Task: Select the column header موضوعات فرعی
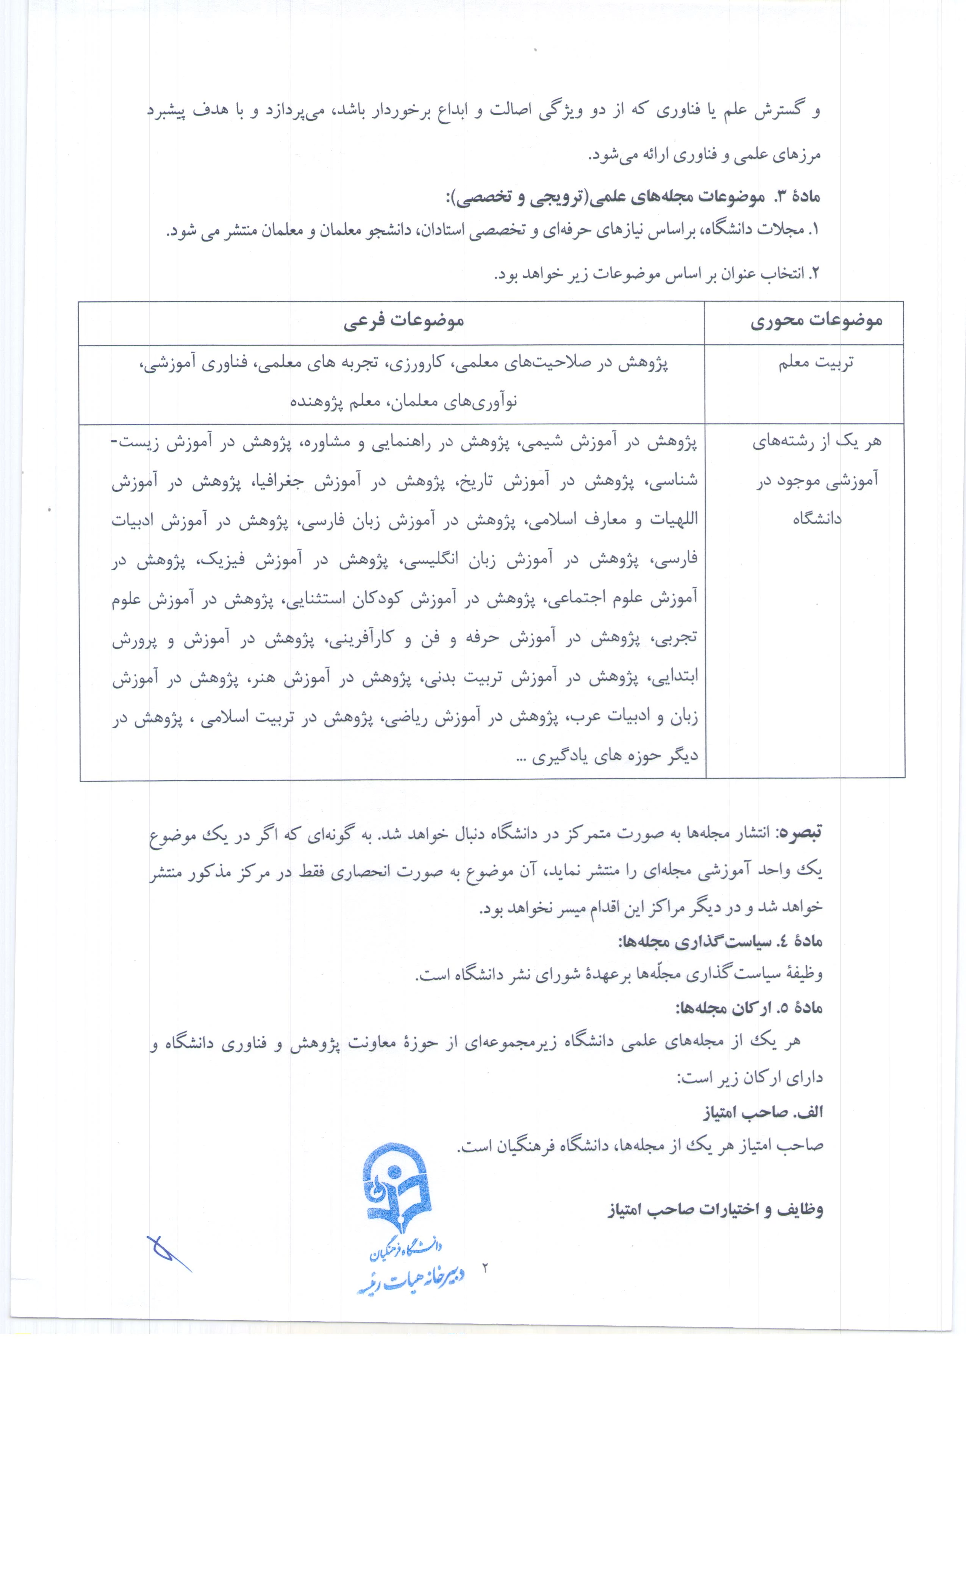[x=403, y=321]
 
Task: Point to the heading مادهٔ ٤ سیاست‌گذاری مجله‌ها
[x=720, y=942]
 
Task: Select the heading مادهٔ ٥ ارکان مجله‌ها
[x=749, y=1008]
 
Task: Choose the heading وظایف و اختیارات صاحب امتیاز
[x=716, y=1209]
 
